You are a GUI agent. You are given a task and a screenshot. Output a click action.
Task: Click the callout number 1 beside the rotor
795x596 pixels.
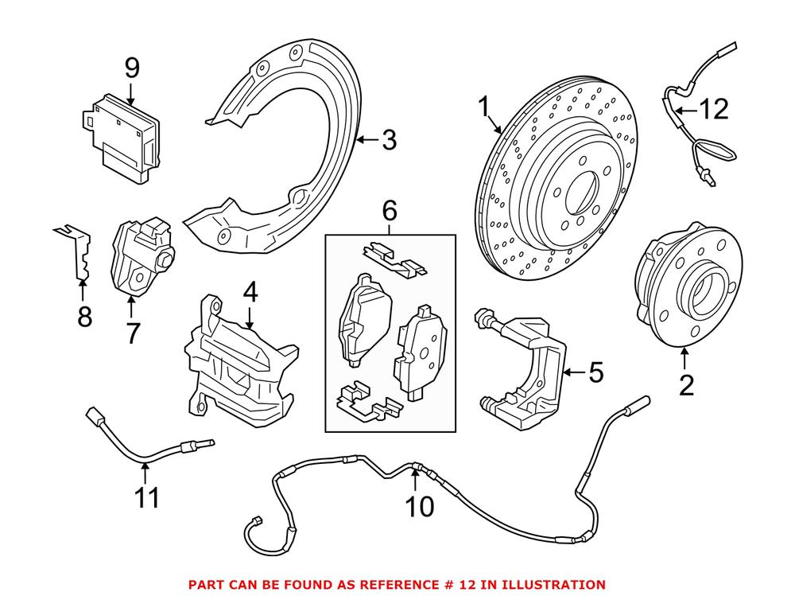click(x=483, y=107)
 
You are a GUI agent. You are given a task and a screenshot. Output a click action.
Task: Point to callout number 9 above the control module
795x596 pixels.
click(x=132, y=68)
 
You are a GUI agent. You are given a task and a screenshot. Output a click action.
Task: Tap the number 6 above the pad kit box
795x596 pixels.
click(x=389, y=212)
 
